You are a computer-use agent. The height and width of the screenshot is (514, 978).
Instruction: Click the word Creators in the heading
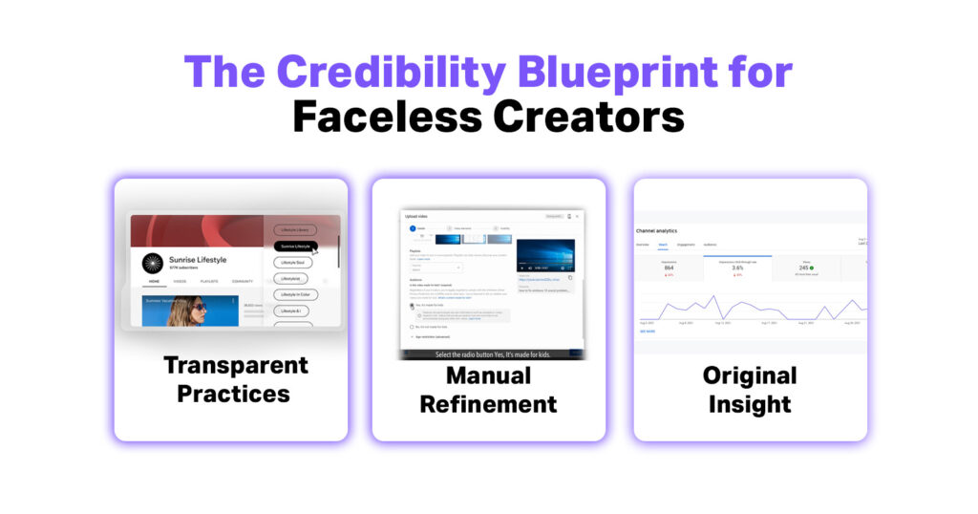point(588,117)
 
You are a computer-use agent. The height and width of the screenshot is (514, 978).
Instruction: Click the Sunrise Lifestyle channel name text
point(199,259)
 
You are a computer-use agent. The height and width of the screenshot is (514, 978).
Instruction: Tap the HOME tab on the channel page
point(153,282)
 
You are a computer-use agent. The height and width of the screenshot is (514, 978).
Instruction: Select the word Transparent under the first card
point(235,365)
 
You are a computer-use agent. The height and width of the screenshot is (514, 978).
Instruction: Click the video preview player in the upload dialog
point(546,256)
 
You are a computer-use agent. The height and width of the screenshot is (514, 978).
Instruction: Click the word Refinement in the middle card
point(488,404)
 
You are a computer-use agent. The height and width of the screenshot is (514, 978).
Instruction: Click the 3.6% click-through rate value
point(737,268)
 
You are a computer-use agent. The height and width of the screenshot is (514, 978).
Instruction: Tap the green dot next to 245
point(810,268)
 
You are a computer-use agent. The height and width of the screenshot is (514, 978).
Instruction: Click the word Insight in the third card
point(750,404)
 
